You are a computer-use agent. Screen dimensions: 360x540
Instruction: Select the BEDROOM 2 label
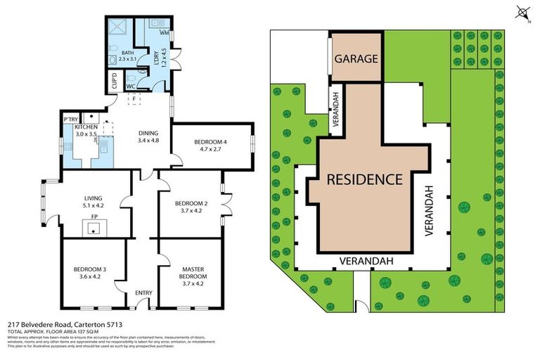pyautogui.click(x=191, y=202)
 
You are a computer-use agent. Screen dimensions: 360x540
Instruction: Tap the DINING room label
pyautogui.click(x=148, y=133)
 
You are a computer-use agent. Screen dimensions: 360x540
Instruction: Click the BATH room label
pyautogui.click(x=127, y=53)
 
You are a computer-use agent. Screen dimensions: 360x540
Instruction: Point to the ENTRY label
pyautogui.click(x=143, y=293)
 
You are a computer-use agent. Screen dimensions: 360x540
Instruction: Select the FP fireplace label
pyautogui.click(x=94, y=218)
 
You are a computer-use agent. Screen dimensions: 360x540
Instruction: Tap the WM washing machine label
pyautogui.click(x=163, y=33)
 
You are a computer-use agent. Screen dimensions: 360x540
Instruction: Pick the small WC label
pyautogui.click(x=131, y=86)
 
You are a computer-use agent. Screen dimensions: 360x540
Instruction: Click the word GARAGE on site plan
pyautogui.click(x=356, y=58)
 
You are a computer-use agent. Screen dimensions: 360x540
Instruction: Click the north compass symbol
pyautogui.click(x=521, y=12)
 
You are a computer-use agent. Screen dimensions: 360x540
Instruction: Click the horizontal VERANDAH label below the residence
pyautogui.click(x=365, y=261)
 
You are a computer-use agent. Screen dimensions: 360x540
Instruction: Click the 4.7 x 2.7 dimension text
pyautogui.click(x=211, y=150)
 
